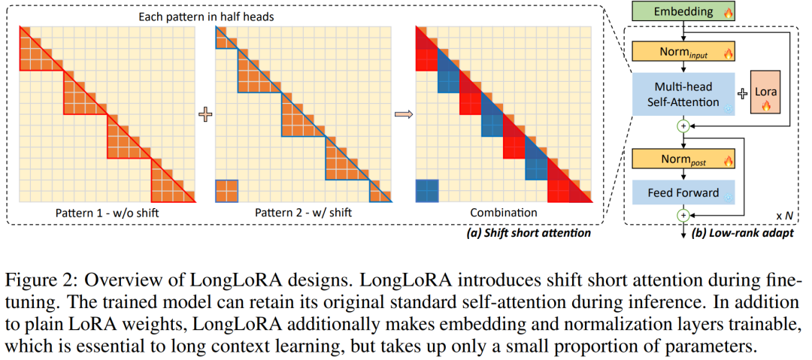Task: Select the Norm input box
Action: pos(683,51)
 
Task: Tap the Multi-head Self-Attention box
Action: pos(683,95)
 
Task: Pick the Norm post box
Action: pos(683,159)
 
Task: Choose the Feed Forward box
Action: pos(683,192)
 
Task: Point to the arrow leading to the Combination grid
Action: pos(404,115)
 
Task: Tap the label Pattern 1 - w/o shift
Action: pos(108,213)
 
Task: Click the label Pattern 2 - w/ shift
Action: pos(304,213)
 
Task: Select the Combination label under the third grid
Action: pos(504,213)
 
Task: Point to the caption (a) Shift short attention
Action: pos(529,233)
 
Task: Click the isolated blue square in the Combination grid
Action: pos(427,191)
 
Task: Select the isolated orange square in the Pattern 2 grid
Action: pos(227,191)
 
